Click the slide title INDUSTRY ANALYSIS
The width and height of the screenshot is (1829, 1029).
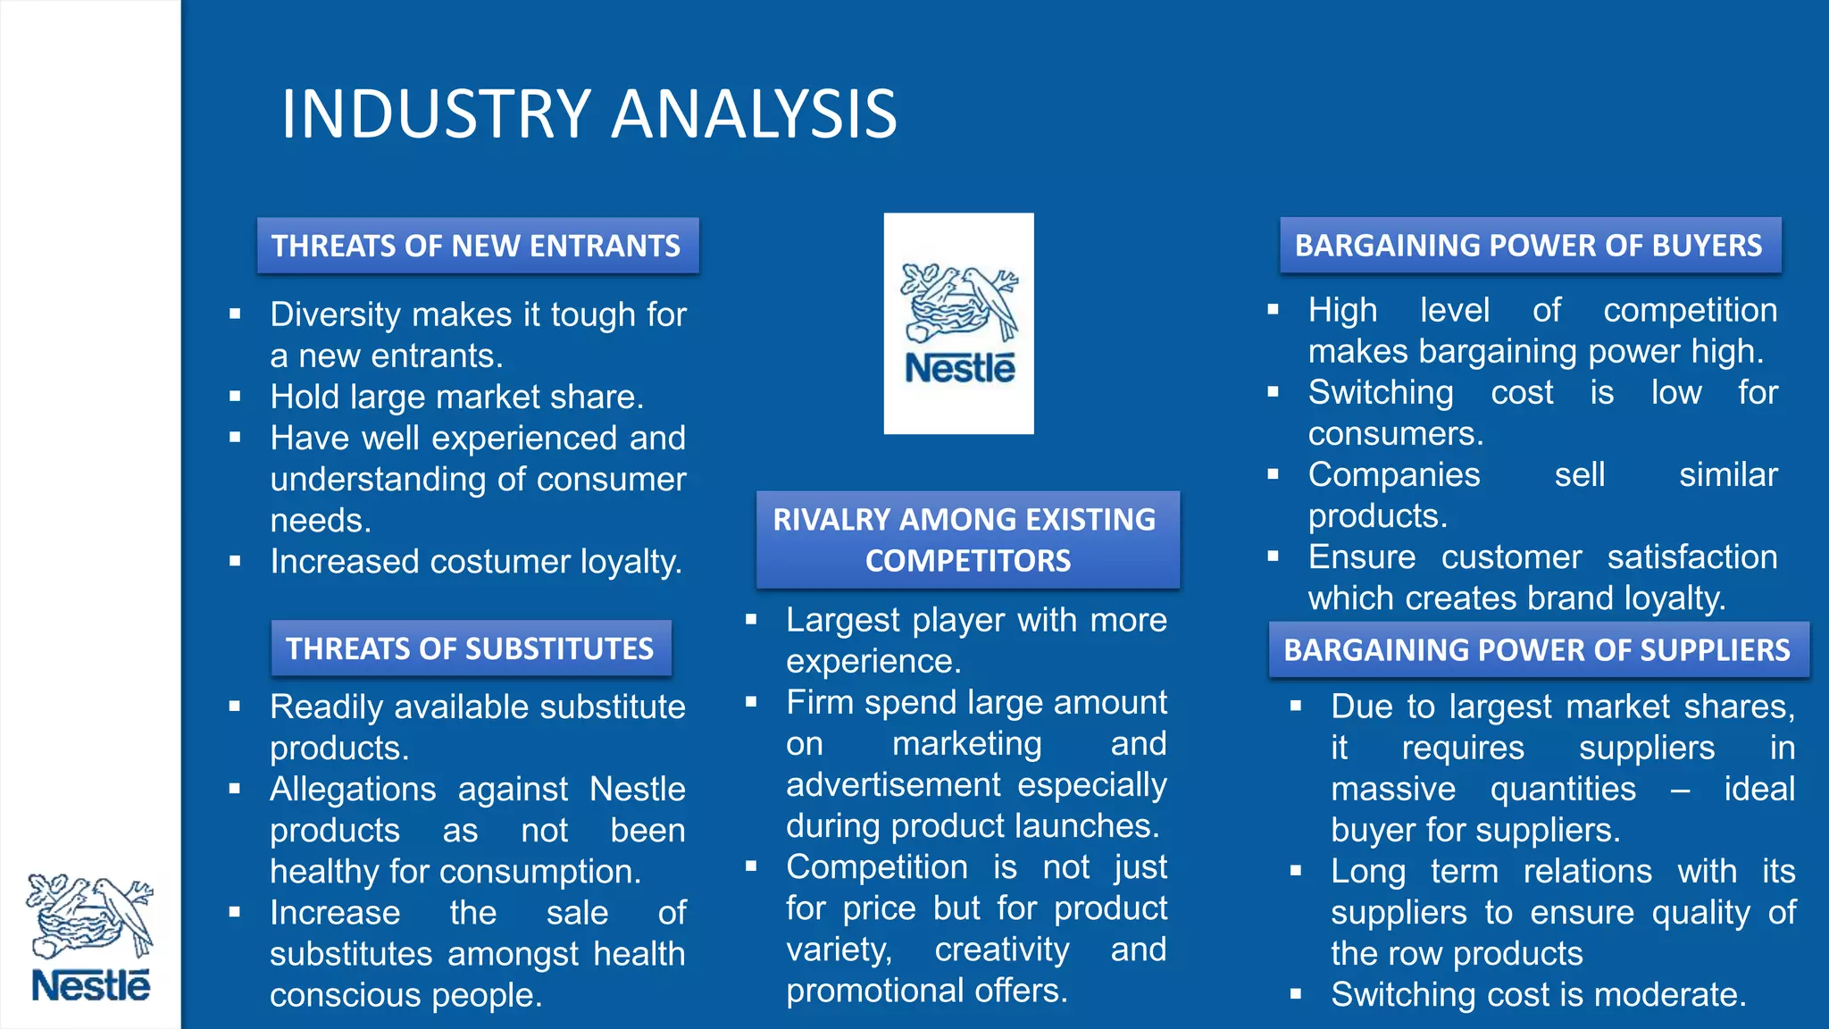coord(589,114)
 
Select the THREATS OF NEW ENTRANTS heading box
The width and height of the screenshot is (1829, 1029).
coord(477,246)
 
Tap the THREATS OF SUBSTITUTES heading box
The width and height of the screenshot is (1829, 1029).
coord(471,648)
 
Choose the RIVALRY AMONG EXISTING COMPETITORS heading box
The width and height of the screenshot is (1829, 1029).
coord(967,540)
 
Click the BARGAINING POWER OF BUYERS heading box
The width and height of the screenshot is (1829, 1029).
coord(1529,246)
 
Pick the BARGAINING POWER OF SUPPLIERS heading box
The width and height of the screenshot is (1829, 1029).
coord(1537,649)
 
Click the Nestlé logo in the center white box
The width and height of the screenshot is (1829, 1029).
coord(959,323)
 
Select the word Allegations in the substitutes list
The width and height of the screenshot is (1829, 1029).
coord(353,790)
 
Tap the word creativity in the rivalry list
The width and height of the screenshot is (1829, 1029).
coord(1001,950)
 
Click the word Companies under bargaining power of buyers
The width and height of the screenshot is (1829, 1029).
coord(1393,475)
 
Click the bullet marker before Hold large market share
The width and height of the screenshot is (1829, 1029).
coord(235,396)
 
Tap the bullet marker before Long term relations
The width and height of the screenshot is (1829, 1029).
coord(1296,870)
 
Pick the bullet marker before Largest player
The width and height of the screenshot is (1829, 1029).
coord(751,619)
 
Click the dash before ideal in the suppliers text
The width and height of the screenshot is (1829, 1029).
coord(1680,790)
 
